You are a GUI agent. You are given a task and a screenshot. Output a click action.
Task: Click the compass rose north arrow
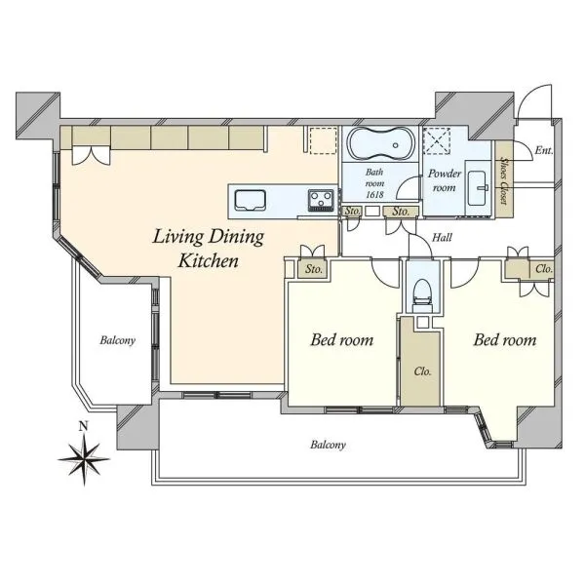click(84, 458)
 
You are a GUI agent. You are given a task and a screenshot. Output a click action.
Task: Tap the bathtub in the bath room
click(381, 143)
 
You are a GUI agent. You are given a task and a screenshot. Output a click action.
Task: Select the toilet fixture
click(422, 295)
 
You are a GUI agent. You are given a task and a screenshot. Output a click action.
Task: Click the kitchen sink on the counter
click(250, 202)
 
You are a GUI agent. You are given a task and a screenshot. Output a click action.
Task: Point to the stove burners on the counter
click(321, 200)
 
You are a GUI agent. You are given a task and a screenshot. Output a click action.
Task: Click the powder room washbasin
click(478, 188)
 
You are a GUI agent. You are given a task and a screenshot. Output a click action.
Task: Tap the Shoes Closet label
click(504, 179)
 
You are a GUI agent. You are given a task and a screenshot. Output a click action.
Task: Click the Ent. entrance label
click(543, 150)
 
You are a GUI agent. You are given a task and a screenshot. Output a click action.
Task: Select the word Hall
click(442, 237)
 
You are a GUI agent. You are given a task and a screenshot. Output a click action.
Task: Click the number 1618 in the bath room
click(374, 194)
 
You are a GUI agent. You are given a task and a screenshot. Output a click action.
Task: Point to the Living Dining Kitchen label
click(209, 249)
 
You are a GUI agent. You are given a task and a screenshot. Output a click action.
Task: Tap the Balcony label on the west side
click(117, 340)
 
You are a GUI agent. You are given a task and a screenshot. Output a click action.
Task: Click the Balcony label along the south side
click(328, 445)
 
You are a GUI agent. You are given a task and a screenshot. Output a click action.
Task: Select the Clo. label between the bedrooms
click(422, 371)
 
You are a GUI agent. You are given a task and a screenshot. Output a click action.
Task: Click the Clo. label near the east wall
click(544, 269)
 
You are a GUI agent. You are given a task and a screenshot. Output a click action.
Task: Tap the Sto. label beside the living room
click(313, 269)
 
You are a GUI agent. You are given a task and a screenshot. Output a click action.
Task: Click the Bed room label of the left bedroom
click(342, 340)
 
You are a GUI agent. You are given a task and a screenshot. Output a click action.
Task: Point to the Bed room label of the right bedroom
click(505, 340)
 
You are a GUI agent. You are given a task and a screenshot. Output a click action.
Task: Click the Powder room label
click(444, 180)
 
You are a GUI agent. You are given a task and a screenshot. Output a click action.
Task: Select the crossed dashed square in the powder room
click(438, 140)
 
